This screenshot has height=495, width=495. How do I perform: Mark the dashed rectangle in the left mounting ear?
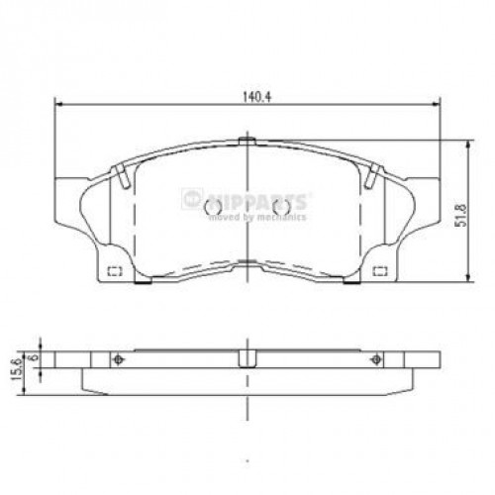coord(112,271)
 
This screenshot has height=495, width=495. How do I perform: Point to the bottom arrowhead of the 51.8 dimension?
coord(468,281)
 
